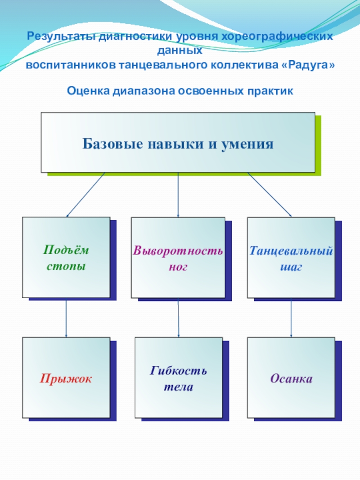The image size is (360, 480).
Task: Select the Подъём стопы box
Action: click(x=66, y=257)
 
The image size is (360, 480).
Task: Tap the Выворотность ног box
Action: click(x=178, y=257)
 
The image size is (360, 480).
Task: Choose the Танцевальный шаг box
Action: click(x=291, y=257)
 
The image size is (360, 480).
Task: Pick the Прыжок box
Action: click(x=66, y=378)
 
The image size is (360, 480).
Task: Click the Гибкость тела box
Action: click(x=179, y=378)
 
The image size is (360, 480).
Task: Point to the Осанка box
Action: click(x=291, y=378)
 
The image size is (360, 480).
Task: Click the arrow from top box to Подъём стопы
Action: click(x=85, y=195)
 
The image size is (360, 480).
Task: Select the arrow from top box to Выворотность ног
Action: click(x=178, y=195)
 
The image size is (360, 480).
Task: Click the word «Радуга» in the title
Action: click(x=310, y=65)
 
